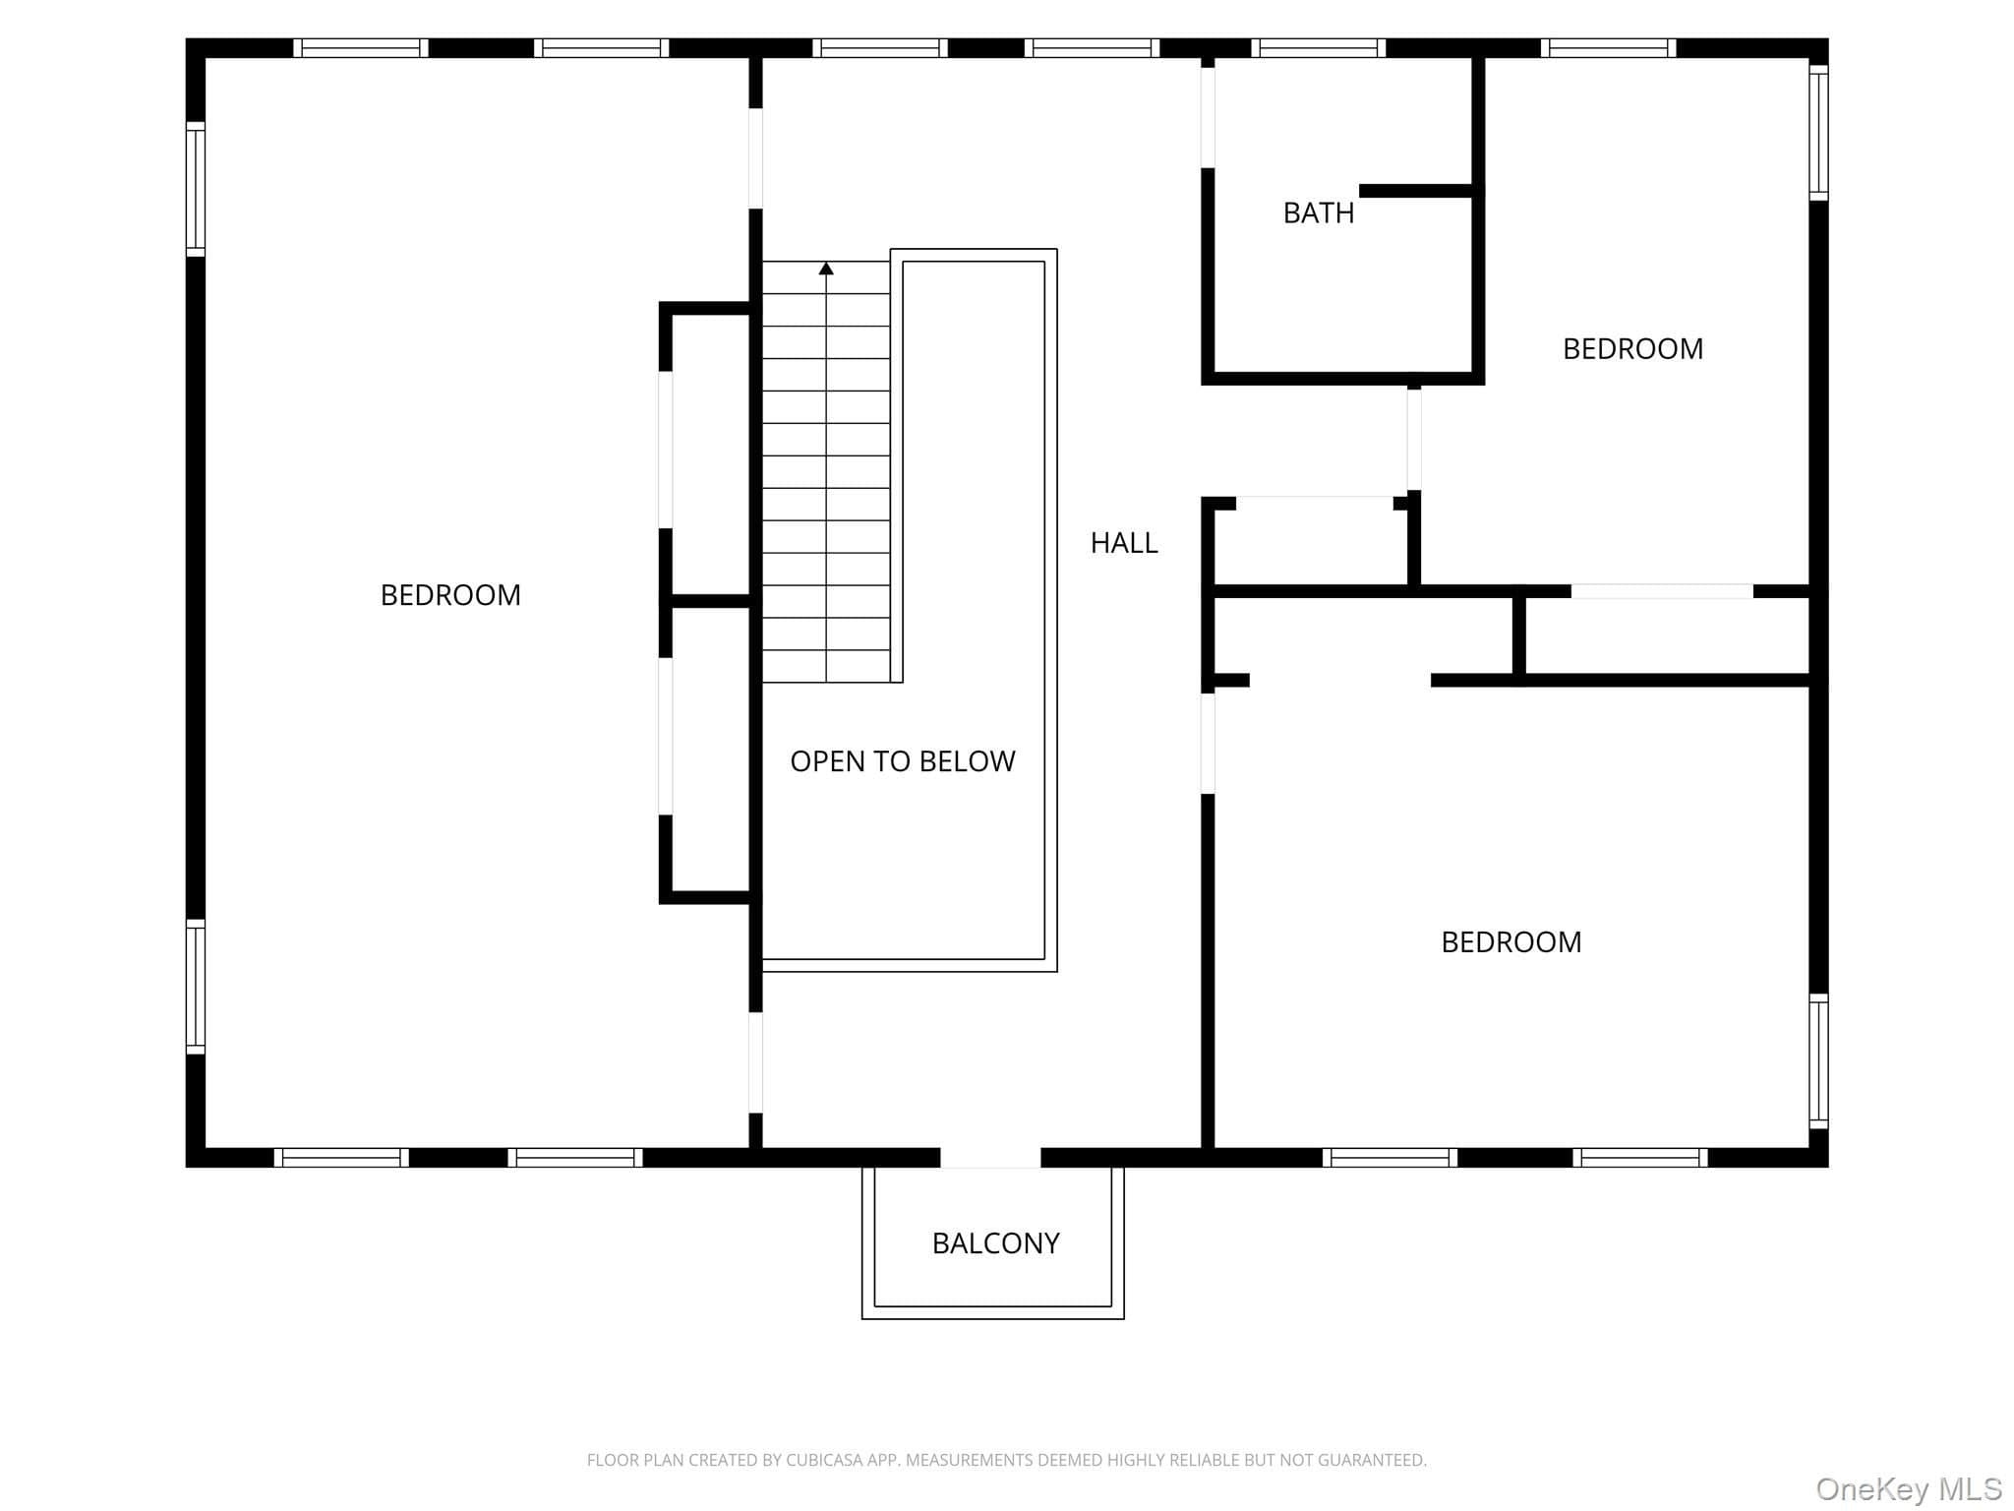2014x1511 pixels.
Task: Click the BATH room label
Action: [x=1318, y=212]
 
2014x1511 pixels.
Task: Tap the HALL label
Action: [x=1124, y=543]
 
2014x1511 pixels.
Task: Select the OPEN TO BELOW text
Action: [x=903, y=761]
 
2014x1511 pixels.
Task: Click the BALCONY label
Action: [x=995, y=1243]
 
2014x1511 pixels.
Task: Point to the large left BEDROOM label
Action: [x=450, y=595]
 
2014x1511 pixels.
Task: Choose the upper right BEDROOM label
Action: [x=1632, y=349]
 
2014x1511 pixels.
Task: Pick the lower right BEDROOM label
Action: [x=1511, y=942]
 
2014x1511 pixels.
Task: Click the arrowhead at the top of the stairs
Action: [x=826, y=269]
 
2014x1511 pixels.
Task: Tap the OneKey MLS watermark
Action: [x=1909, y=1489]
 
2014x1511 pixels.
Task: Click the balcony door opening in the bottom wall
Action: [x=990, y=1158]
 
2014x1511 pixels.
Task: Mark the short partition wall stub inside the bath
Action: [x=1416, y=191]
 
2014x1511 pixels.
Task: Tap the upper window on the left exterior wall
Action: [x=196, y=190]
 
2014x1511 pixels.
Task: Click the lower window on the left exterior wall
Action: [x=196, y=987]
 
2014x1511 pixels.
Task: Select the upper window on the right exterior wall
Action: [x=1818, y=133]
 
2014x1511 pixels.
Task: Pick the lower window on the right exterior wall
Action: [x=1818, y=1060]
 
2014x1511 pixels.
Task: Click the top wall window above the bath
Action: [x=1319, y=48]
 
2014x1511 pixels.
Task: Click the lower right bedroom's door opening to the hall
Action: [x=1208, y=744]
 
